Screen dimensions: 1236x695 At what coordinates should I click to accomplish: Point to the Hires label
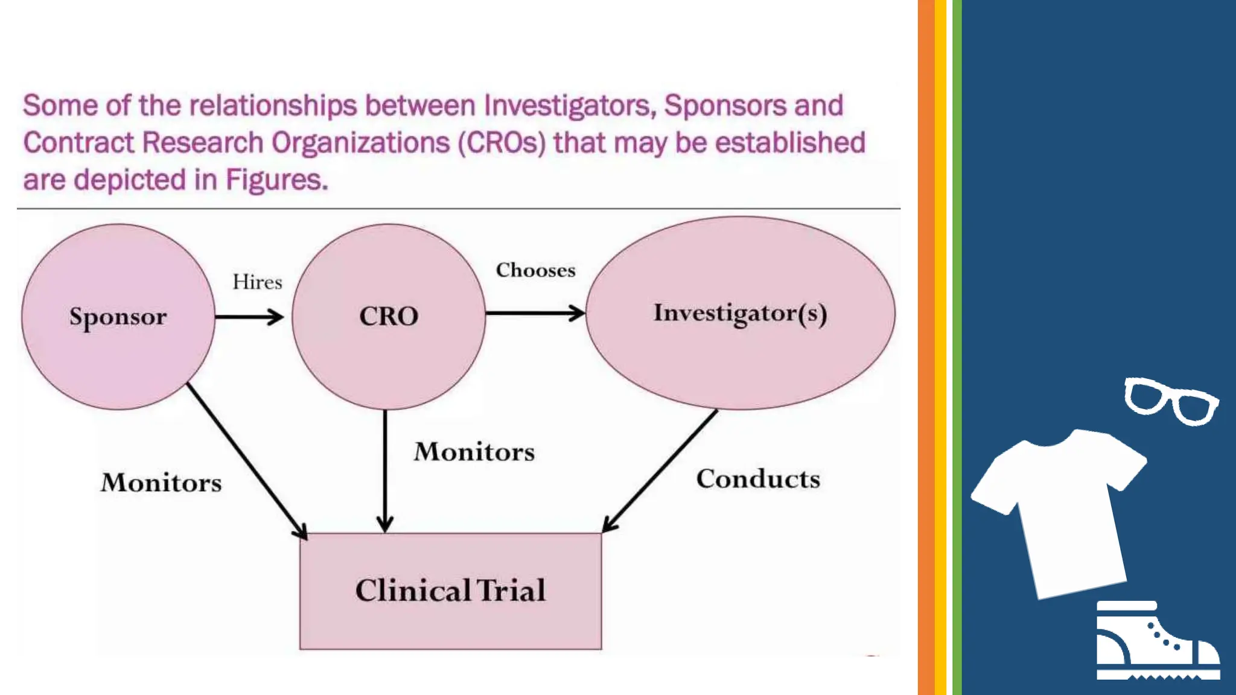(x=258, y=282)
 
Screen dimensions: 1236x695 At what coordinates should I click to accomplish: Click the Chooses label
(x=536, y=270)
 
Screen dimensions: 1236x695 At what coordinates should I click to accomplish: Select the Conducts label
(x=758, y=479)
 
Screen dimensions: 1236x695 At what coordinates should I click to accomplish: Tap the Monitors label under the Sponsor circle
(x=161, y=483)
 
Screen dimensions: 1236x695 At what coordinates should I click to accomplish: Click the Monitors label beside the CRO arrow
(x=474, y=452)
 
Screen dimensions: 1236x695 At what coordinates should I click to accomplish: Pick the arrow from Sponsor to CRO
(x=249, y=317)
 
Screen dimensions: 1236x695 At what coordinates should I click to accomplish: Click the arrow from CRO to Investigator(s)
(x=535, y=313)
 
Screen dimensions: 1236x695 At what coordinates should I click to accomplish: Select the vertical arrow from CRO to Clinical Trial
(x=385, y=471)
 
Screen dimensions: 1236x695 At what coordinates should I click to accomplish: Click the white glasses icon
(x=1171, y=401)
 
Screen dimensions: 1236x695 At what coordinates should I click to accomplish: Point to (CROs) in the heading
(x=502, y=143)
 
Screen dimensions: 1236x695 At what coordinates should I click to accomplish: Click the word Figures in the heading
(x=276, y=180)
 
